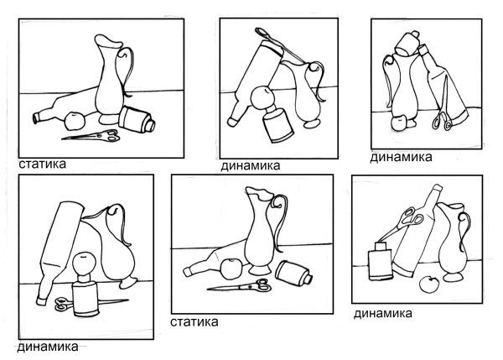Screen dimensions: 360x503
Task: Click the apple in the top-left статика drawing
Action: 74,117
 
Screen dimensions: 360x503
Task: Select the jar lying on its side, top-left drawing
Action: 136,119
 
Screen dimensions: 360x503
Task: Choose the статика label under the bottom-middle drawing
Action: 194,321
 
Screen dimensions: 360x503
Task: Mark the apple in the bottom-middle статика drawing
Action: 228,269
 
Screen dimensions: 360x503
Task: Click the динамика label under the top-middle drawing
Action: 251,166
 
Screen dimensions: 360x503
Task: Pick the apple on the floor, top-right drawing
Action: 397,123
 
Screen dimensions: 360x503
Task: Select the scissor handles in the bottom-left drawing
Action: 64,303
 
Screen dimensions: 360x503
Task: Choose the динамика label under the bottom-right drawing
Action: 382,314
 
